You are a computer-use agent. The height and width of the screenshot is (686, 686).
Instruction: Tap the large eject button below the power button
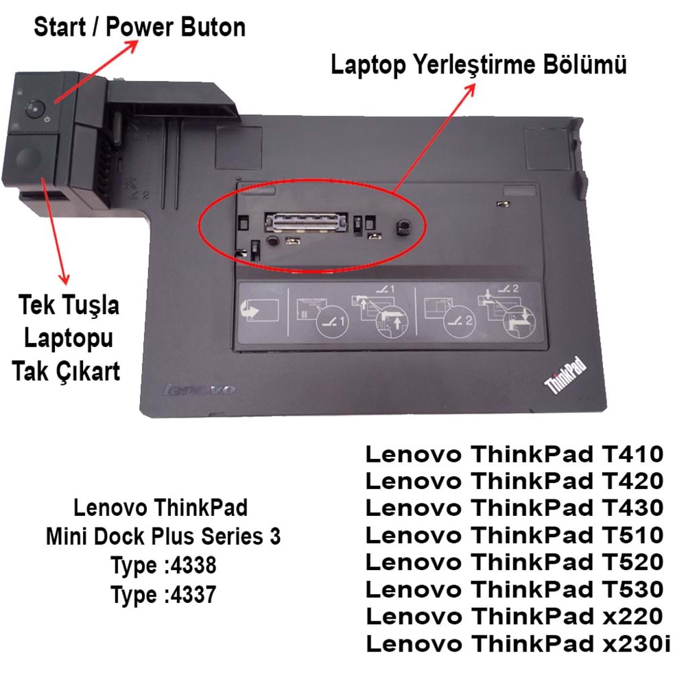click(x=28, y=157)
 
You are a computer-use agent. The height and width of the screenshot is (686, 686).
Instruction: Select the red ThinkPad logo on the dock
click(x=566, y=375)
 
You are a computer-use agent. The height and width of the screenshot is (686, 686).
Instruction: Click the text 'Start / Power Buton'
click(x=139, y=27)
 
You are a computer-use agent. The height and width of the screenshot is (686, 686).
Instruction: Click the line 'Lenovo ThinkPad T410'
click(x=514, y=453)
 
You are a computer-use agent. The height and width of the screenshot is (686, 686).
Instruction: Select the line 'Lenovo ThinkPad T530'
click(x=514, y=589)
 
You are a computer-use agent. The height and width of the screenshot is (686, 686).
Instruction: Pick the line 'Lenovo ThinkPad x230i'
click(x=519, y=643)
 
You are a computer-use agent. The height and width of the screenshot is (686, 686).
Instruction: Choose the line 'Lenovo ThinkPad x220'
click(x=514, y=616)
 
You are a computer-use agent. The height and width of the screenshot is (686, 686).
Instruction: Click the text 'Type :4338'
click(x=163, y=566)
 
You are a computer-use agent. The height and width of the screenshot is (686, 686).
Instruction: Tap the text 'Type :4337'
click(x=163, y=595)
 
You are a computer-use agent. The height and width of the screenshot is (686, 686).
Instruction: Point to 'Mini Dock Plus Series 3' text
click(x=163, y=537)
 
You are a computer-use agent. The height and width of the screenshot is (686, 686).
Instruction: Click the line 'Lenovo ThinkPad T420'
click(x=514, y=480)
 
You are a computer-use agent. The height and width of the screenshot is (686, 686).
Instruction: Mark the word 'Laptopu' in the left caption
click(x=68, y=338)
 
